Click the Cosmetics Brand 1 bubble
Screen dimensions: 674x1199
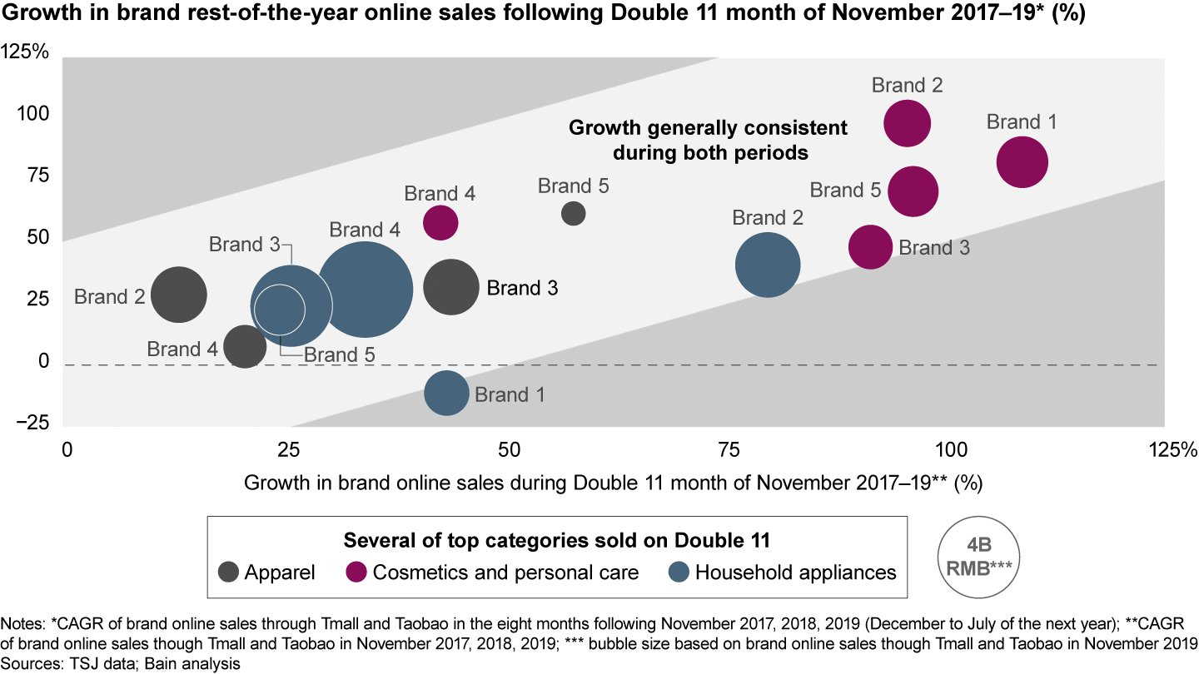(x=1022, y=163)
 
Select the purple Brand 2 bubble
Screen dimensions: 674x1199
(x=907, y=124)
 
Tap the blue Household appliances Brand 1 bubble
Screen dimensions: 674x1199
(x=447, y=394)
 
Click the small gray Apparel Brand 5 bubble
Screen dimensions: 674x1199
(x=573, y=214)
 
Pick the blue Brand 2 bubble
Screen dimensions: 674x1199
(x=768, y=265)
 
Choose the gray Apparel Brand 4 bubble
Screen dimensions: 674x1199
(x=245, y=346)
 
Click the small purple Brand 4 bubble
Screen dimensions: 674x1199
(x=440, y=222)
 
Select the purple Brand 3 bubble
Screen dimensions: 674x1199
(x=869, y=246)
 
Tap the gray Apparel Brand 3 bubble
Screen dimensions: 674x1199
(x=451, y=287)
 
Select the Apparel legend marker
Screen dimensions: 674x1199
(x=229, y=572)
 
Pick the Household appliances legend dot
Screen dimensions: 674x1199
(x=679, y=572)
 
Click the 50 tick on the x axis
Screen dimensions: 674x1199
(x=508, y=450)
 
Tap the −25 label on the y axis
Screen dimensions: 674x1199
(x=32, y=424)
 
